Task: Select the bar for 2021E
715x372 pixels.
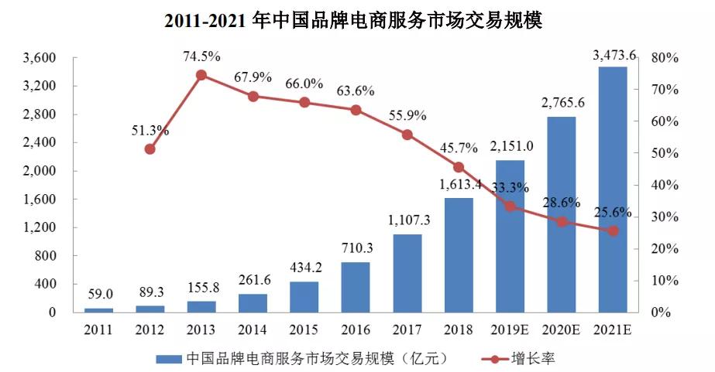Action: click(613, 189)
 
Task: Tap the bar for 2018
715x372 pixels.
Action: click(459, 255)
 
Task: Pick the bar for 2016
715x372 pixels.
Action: click(356, 287)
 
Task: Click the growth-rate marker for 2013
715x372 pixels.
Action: click(201, 75)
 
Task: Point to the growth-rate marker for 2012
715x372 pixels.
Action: click(150, 148)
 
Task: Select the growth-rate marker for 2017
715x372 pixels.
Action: click(407, 135)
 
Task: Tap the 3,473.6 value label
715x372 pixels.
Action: click(614, 55)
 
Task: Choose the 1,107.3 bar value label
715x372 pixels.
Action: click(407, 221)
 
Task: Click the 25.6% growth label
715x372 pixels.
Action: click(613, 212)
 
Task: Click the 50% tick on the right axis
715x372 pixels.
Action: click(665, 153)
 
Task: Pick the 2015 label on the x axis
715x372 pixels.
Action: click(304, 329)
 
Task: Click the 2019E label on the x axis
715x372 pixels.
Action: click(510, 329)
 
